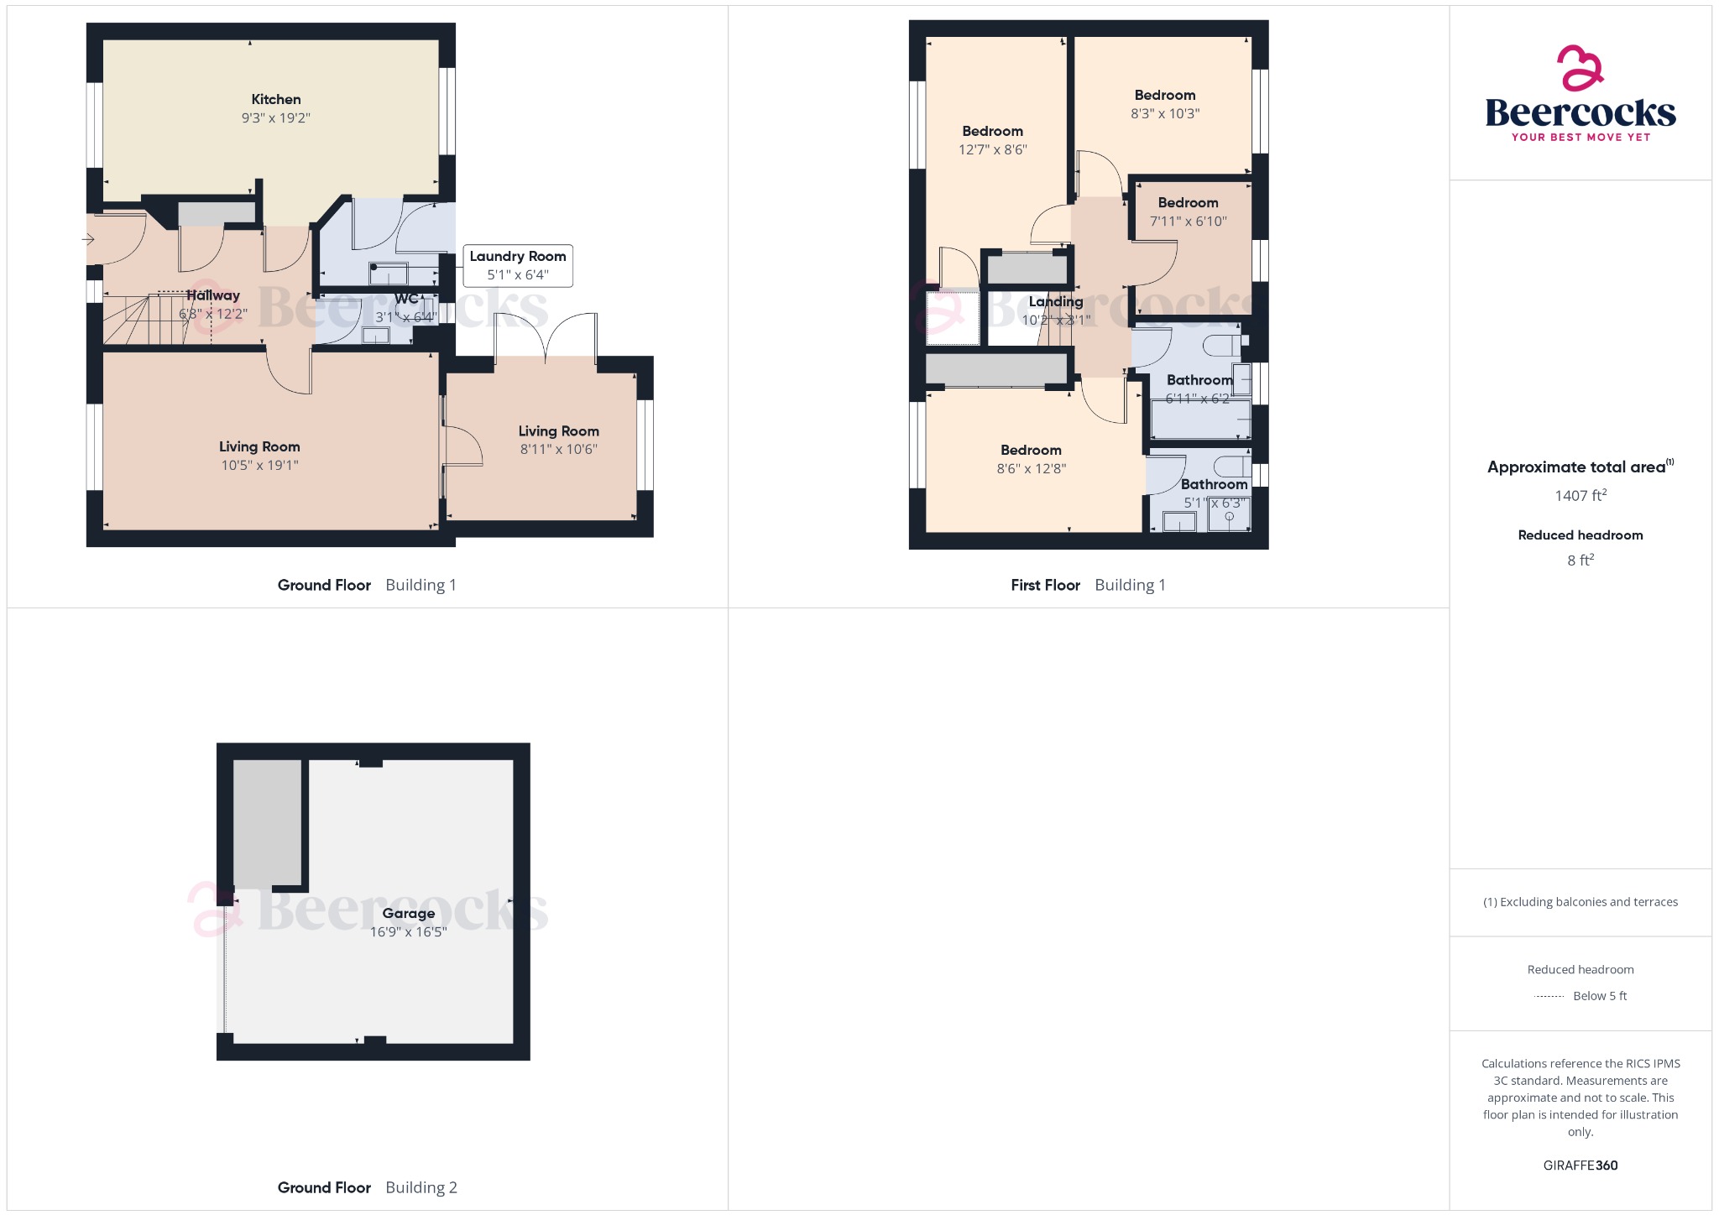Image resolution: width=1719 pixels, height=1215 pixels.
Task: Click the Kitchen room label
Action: tap(275, 100)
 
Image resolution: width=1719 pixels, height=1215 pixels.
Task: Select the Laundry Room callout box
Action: tap(518, 265)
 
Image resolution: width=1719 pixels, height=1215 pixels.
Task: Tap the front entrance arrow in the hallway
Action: tap(88, 239)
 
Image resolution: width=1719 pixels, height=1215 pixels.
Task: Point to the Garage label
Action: tap(408, 913)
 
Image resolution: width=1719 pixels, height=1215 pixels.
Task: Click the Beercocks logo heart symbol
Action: tap(1580, 68)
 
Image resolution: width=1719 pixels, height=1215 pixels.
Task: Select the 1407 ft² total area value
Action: tap(1580, 496)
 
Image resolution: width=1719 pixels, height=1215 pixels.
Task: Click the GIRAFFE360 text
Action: tap(1580, 1165)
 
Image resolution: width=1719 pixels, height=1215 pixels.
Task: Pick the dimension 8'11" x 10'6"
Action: tap(558, 450)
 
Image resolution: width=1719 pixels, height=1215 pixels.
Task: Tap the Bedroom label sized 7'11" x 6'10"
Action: tap(1188, 203)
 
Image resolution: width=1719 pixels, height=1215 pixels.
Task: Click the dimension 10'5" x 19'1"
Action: tap(259, 466)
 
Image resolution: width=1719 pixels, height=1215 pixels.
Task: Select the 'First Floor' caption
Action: tap(1045, 586)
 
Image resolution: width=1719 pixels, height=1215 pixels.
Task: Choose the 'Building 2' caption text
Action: tap(421, 1187)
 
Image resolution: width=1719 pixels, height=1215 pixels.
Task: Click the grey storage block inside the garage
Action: tap(267, 822)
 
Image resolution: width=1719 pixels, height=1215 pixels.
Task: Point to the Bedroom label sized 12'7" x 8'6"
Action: tap(992, 132)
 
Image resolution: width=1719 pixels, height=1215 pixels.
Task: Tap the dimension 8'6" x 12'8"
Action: tap(1031, 469)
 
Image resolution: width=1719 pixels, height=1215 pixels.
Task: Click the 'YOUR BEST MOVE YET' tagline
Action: tap(1581, 138)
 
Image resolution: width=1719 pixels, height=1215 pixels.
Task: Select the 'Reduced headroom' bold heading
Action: tap(1580, 535)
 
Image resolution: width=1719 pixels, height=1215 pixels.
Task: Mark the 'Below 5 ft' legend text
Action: tap(1599, 996)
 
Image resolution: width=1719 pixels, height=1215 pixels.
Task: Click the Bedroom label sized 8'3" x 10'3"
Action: tap(1164, 96)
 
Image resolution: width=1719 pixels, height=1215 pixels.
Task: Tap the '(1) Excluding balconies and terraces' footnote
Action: tap(1580, 902)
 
